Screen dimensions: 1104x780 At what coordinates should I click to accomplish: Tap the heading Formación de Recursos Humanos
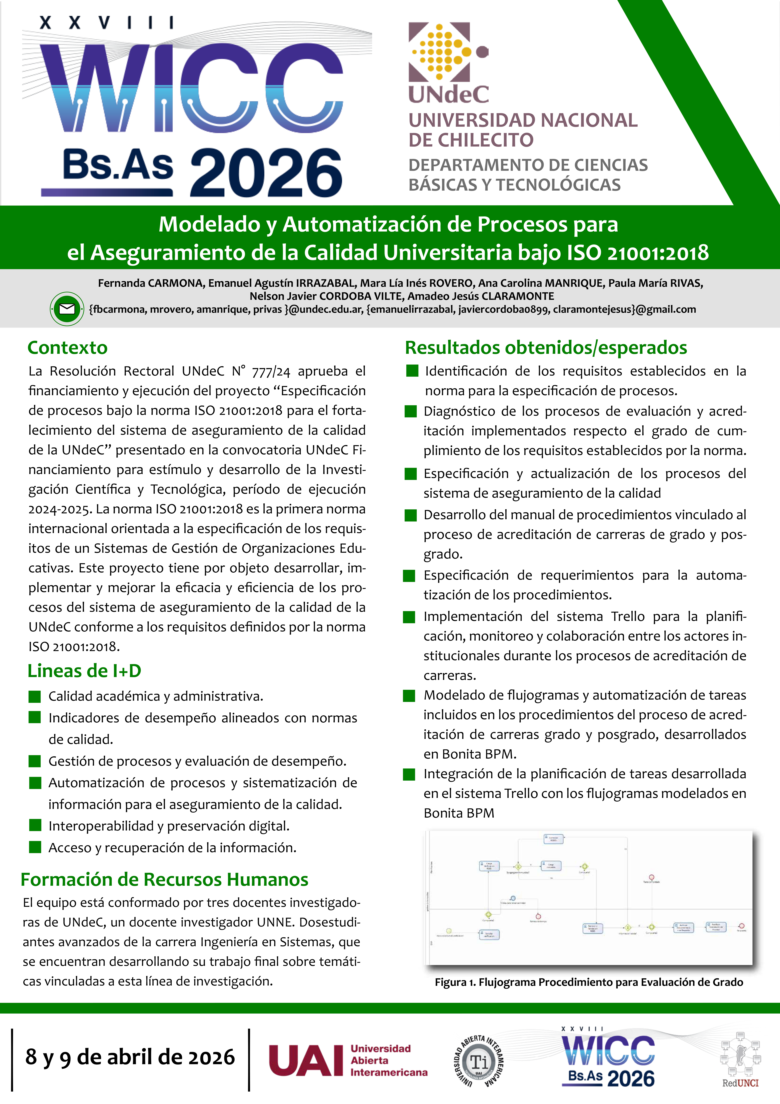click(164, 879)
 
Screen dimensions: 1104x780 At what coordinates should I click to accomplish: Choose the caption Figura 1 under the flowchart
click(589, 982)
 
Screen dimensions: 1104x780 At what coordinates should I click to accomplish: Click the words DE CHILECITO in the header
click(471, 140)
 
